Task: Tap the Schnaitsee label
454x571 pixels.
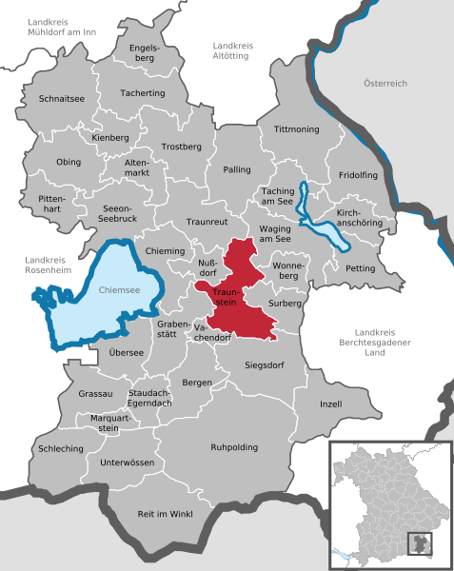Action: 63,98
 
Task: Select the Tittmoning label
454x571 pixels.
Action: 295,128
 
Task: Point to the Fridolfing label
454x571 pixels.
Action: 358,176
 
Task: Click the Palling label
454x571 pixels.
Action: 236,169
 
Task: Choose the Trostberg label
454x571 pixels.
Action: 182,148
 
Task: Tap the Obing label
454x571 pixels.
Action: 69,162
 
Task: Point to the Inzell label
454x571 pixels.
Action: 330,404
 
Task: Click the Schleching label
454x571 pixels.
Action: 61,448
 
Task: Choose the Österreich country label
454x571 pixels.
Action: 385,84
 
